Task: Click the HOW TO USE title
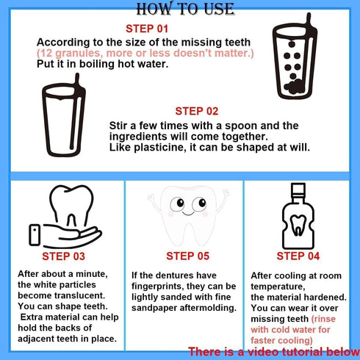point(179,9)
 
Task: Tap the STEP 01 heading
point(148,29)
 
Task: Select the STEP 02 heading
point(196,111)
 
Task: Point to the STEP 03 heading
point(63,256)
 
